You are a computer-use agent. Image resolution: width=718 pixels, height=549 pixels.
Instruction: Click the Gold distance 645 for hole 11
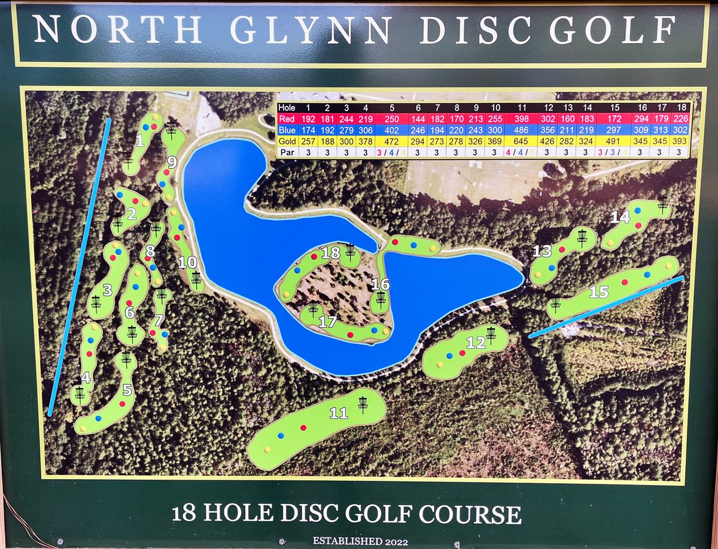click(x=521, y=141)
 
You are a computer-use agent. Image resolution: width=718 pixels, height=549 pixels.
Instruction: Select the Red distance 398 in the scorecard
click(x=521, y=118)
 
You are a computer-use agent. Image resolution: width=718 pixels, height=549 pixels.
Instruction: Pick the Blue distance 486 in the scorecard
click(x=521, y=130)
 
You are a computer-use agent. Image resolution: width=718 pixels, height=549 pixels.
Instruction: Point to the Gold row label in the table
click(x=288, y=141)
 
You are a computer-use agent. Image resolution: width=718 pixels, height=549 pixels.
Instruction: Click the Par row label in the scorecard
click(x=287, y=152)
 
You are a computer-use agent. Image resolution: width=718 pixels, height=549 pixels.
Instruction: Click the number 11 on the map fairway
click(x=339, y=413)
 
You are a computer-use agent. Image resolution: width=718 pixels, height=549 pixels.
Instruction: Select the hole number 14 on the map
click(x=620, y=217)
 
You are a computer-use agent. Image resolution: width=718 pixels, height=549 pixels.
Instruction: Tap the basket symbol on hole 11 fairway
click(x=363, y=403)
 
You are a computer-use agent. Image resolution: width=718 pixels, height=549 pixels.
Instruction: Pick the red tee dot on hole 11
click(x=303, y=428)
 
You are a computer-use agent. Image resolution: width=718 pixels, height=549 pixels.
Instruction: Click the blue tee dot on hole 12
click(x=449, y=356)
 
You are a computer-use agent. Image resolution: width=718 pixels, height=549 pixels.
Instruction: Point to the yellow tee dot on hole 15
click(x=668, y=265)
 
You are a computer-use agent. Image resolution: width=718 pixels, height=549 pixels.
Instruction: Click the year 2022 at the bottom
click(x=395, y=542)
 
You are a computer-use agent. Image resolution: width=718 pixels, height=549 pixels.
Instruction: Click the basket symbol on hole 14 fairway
click(x=662, y=204)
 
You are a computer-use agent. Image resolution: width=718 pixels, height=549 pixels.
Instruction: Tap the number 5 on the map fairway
click(x=127, y=390)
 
